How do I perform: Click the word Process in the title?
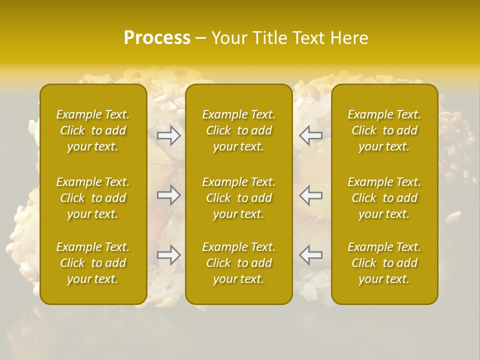[157, 38]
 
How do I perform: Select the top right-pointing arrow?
[168, 135]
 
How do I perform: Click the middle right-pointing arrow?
[168, 195]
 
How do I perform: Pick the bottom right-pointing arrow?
[168, 255]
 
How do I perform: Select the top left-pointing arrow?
[311, 135]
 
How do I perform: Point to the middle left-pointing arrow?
[311, 195]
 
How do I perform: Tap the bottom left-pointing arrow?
[311, 255]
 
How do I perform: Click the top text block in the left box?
[93, 130]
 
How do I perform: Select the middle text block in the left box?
[93, 198]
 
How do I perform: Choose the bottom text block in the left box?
[93, 263]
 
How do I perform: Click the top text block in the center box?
[239, 130]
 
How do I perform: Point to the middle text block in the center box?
[239, 198]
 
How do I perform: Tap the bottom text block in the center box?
[239, 263]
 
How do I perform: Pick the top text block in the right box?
[384, 130]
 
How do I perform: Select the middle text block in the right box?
[384, 198]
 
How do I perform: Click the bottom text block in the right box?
[384, 263]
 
